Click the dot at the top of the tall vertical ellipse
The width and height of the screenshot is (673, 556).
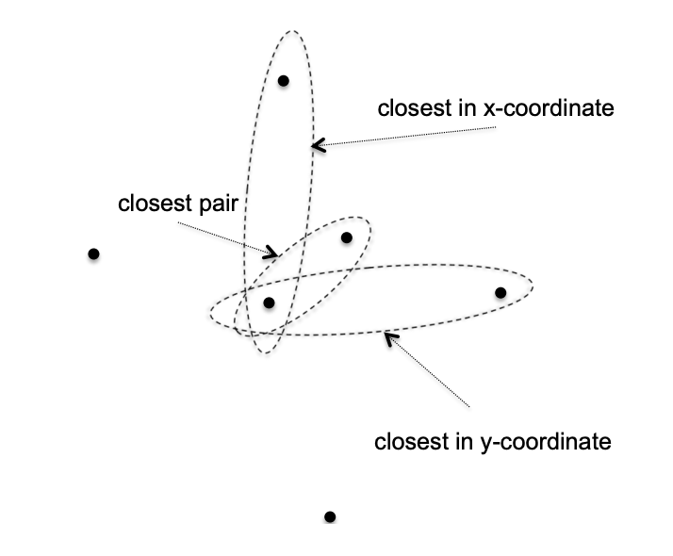point(283,80)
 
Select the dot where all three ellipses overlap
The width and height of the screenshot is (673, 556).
point(269,303)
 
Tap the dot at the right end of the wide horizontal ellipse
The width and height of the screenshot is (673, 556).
point(501,293)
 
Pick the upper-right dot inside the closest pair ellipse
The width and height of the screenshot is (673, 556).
point(347,237)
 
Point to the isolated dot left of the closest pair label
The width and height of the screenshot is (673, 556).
point(93,253)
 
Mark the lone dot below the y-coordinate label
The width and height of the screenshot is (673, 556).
point(330,516)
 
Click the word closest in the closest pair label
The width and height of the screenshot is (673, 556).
point(155,204)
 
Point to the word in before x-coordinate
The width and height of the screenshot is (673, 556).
point(465,108)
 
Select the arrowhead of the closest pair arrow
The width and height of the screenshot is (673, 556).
point(273,253)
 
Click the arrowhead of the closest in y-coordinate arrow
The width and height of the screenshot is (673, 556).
point(388,335)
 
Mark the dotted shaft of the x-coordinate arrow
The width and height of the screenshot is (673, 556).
point(405,138)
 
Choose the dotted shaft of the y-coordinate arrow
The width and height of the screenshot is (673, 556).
point(429,370)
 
